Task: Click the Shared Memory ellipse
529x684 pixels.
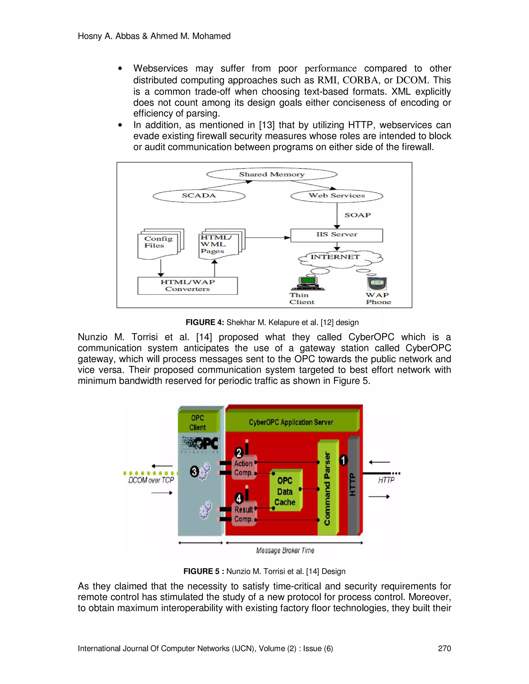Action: [x=272, y=174]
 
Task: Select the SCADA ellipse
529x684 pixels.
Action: [x=199, y=196]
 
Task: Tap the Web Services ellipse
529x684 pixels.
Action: [x=337, y=196]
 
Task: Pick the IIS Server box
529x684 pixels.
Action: [x=337, y=235]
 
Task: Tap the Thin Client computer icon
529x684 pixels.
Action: [x=307, y=283]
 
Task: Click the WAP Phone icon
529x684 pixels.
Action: [x=377, y=283]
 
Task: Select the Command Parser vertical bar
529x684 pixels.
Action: [x=327, y=488]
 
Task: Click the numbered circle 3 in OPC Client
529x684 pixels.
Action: [x=194, y=472]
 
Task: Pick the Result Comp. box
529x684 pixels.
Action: [x=244, y=514]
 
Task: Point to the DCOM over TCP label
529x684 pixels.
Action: [x=151, y=480]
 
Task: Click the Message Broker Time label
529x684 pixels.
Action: [x=285, y=551]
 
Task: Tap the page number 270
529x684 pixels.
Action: [x=444, y=648]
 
